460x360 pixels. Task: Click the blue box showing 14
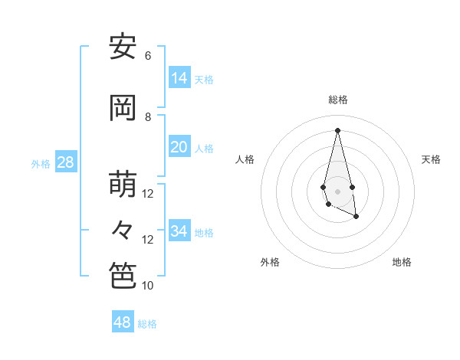[x=179, y=78]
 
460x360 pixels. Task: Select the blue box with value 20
[x=179, y=147]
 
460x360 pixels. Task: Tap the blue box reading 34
[x=179, y=231]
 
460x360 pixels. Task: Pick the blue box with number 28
[x=65, y=162]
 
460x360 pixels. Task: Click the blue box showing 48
[x=123, y=322]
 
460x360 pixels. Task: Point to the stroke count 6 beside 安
[x=148, y=56]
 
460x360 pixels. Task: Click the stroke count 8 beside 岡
[x=148, y=117]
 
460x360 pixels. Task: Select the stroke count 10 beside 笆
[x=148, y=286]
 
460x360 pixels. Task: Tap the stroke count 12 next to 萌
[x=148, y=194]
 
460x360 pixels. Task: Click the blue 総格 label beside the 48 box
[x=147, y=324]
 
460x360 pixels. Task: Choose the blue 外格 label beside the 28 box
[x=41, y=163]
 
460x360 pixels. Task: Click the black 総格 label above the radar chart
[x=338, y=100]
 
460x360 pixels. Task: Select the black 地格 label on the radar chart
[x=402, y=262]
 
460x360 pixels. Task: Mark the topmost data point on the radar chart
[x=337, y=130]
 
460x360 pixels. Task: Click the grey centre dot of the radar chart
[x=337, y=191]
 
